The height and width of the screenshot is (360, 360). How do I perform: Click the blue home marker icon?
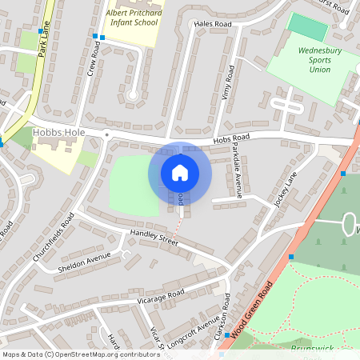tap(180, 173)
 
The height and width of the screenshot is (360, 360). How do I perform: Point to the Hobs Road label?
tap(231, 140)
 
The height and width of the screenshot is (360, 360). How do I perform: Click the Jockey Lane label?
tap(286, 190)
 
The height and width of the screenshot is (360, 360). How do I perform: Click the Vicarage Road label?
tap(161, 295)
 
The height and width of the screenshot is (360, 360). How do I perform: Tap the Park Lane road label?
tap(42, 38)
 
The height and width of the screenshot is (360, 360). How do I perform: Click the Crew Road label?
tap(95, 58)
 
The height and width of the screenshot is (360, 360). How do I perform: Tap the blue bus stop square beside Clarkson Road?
tap(227, 334)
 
